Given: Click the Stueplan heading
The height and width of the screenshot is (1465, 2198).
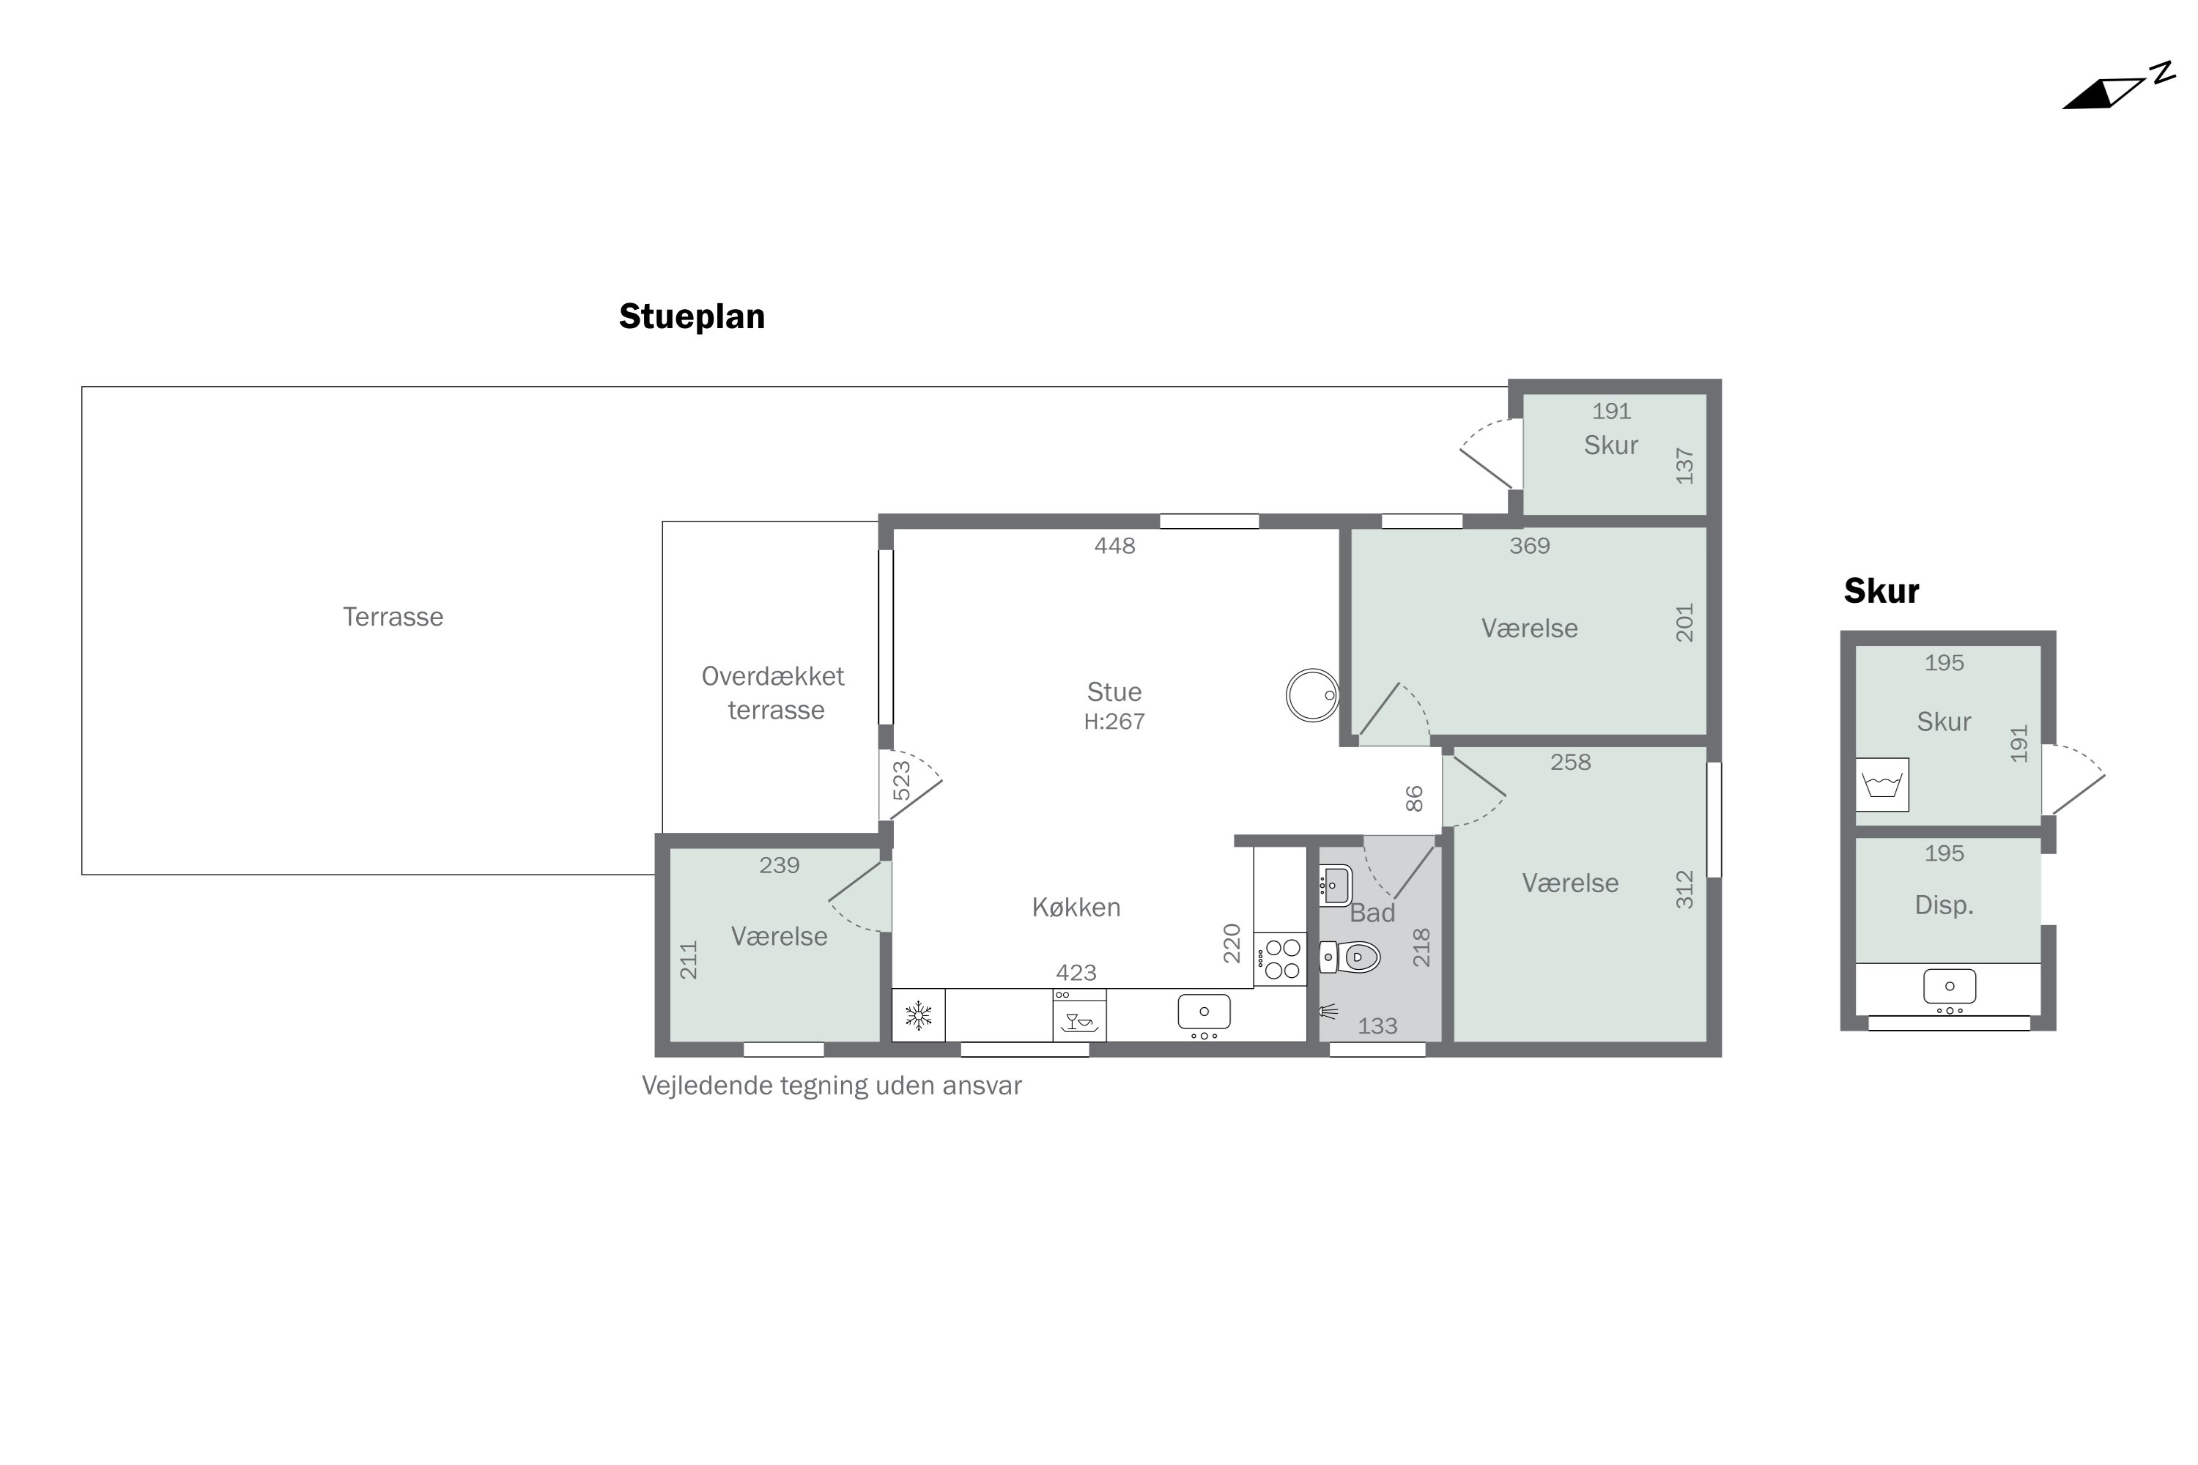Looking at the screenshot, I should [692, 316].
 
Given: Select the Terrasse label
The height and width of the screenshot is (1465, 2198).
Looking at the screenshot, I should [393, 617].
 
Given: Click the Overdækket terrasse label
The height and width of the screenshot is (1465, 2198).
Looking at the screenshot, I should [774, 692].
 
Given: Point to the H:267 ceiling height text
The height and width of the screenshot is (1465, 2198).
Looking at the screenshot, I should [1114, 722].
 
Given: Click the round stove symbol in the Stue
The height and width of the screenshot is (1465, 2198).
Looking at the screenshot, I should [1312, 695].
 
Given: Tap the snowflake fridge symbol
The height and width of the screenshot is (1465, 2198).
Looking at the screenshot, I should [919, 1015].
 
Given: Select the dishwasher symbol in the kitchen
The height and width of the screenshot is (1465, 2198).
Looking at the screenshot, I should [1079, 1015].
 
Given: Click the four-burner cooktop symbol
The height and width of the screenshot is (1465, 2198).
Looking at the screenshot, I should [1280, 959].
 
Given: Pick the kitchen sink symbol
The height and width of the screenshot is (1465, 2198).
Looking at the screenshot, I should [1204, 1013].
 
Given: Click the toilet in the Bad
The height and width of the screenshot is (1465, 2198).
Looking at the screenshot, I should [1350, 957].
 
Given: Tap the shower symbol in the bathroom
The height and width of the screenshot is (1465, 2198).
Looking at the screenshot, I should [1328, 1011].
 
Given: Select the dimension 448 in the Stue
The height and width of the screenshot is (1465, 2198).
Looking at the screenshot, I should [1115, 546].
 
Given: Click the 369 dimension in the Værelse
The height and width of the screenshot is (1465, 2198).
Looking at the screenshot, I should [1530, 546].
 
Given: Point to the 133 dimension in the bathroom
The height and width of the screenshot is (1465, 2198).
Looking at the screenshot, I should [1377, 1026].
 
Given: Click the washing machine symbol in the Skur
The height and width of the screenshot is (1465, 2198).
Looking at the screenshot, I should [1882, 784].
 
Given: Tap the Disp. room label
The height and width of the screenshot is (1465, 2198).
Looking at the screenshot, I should [1944, 905].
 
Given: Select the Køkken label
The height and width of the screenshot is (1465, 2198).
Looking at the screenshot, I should [1076, 908].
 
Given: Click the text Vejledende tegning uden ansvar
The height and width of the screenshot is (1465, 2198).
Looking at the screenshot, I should [832, 1086].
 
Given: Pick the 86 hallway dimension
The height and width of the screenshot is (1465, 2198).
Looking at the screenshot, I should [1414, 799].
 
